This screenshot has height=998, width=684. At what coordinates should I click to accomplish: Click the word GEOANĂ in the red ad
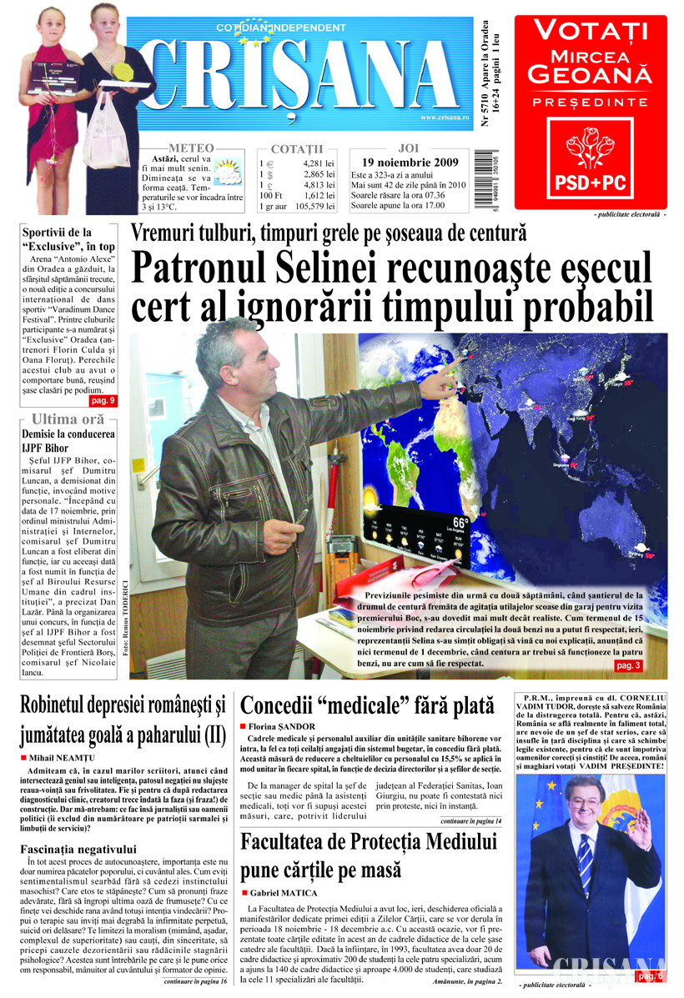coord(591,76)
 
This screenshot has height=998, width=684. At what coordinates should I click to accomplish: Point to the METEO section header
coord(190,148)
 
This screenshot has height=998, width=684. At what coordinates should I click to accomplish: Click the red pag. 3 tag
coord(627,665)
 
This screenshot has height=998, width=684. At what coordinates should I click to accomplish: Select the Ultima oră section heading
coord(68,419)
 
